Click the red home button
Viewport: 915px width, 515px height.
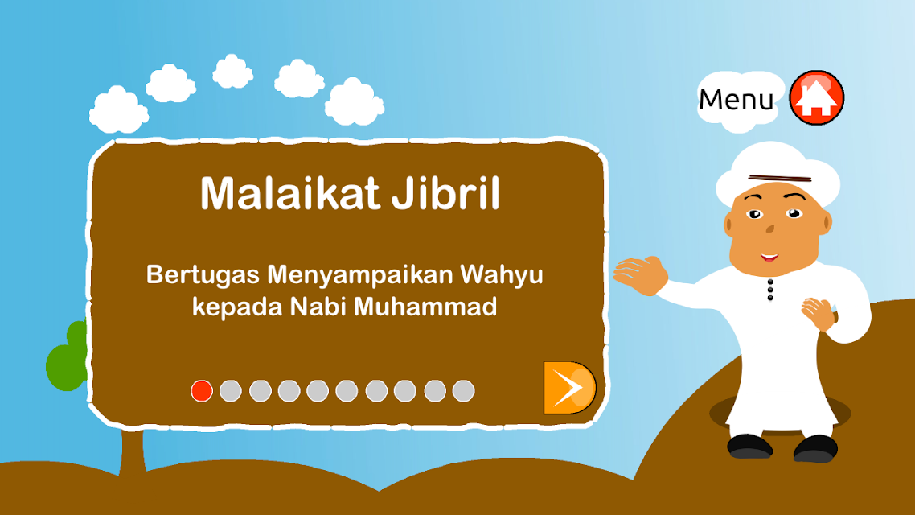tap(816, 97)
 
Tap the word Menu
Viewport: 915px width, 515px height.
tap(736, 99)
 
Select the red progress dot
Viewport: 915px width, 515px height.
tap(201, 390)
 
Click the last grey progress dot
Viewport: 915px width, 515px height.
tap(463, 390)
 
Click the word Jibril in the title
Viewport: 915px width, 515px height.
tap(445, 192)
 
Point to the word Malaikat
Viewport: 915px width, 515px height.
tap(290, 192)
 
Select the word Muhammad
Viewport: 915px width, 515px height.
tap(425, 307)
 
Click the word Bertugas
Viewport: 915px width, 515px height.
tap(203, 275)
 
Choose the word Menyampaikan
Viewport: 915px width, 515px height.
tap(359, 275)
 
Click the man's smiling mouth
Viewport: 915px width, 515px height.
tap(769, 257)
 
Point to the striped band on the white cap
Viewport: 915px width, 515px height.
tap(780, 178)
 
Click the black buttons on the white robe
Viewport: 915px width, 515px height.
tap(770, 290)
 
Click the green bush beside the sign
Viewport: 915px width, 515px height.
tap(67, 356)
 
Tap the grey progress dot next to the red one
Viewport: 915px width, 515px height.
tap(231, 390)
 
